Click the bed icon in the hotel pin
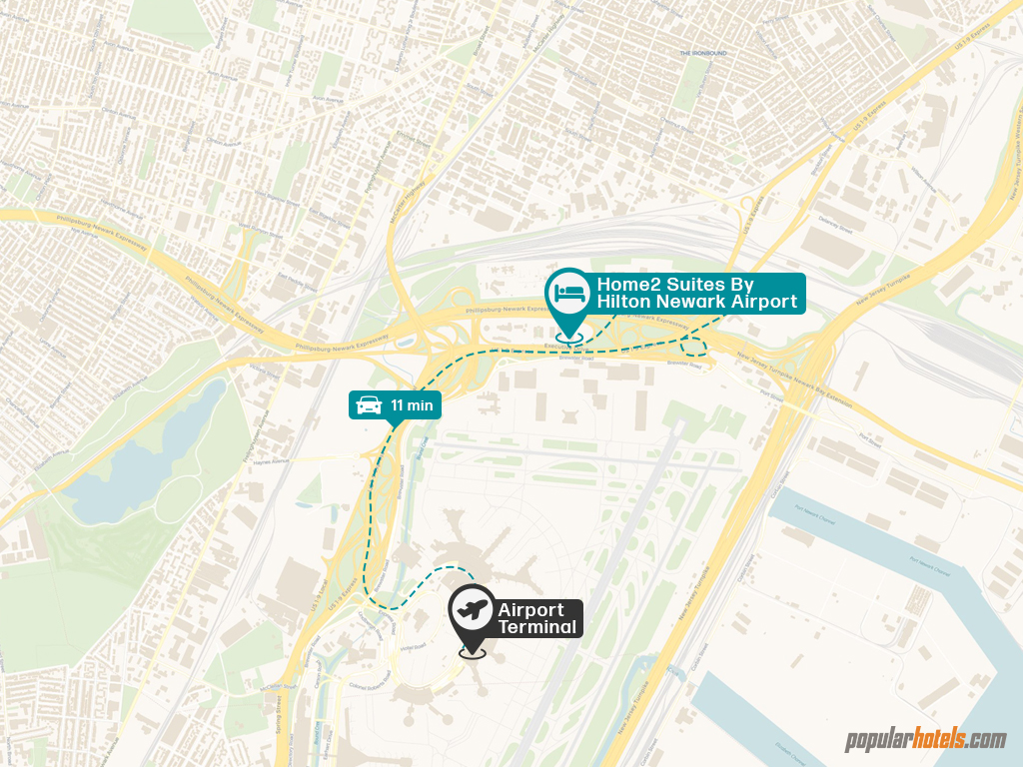(568, 292)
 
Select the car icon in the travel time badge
(369, 404)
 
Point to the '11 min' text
(411, 405)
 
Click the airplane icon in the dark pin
(472, 608)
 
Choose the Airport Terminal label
(537, 618)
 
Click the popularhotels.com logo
(925, 740)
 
